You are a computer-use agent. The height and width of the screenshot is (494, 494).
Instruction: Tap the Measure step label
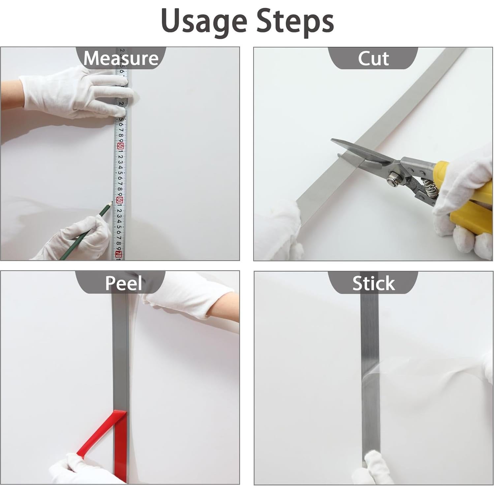tap(121, 58)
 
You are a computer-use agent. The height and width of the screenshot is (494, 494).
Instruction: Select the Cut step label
tap(373, 58)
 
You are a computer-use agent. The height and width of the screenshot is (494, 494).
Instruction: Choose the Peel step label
tap(123, 283)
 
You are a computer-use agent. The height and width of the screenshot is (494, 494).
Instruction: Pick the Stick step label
tap(373, 283)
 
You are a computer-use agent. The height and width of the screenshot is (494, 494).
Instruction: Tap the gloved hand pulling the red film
tap(76, 470)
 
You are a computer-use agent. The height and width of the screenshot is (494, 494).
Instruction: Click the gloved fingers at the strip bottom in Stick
tap(371, 467)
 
